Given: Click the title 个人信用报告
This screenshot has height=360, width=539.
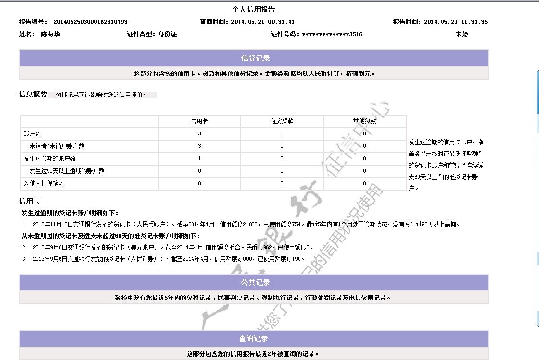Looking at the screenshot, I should (253, 10).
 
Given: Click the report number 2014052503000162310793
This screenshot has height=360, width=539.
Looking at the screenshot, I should (90, 22).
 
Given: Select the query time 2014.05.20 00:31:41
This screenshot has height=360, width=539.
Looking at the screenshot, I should (263, 22).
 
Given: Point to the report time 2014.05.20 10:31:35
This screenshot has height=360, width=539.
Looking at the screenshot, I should (455, 22).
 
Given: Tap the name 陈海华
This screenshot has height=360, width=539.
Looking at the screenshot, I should (50, 34).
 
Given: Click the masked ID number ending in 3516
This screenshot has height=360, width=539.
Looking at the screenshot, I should (332, 34).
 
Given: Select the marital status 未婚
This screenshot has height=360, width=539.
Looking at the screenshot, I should (462, 34).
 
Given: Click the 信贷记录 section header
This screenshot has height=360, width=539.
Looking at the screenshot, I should (255, 59).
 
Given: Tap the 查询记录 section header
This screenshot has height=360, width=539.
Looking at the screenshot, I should (253, 339).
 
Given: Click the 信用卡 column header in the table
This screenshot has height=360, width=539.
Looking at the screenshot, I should (199, 121).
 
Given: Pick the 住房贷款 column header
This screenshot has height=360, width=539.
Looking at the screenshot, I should (282, 121).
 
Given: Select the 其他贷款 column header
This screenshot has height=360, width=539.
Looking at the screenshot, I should (364, 121).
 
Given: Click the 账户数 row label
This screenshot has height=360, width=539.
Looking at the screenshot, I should (33, 134).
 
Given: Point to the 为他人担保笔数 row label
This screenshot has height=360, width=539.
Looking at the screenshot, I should (44, 183).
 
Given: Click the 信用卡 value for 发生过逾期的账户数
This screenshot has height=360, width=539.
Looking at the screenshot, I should (199, 158).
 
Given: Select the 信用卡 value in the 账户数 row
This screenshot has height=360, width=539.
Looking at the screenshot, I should (199, 134).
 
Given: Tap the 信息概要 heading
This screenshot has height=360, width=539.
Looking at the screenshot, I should (33, 95).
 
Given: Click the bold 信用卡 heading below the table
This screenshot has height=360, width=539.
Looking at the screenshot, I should (29, 201).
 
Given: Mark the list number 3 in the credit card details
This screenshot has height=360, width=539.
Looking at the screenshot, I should (24, 259).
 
